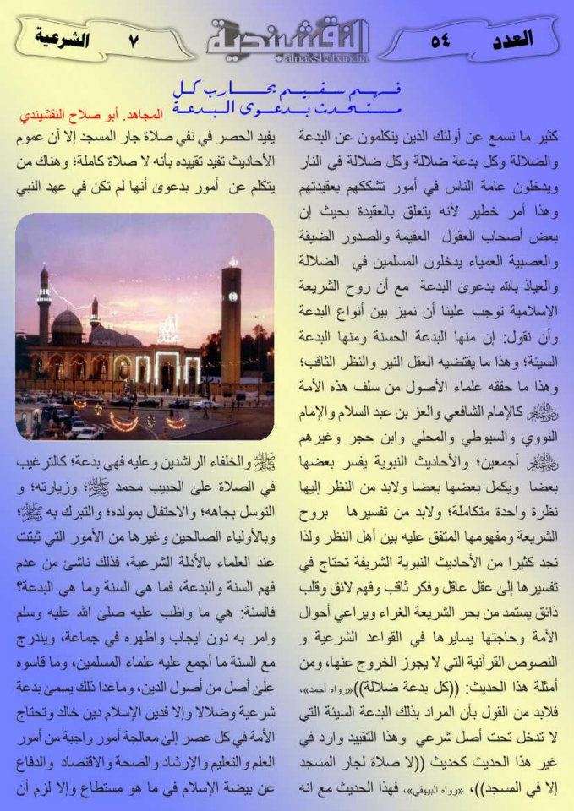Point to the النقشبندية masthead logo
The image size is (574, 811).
[x=288, y=37]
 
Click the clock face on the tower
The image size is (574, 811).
[x=232, y=297]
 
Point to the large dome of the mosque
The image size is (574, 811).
[x=67, y=326]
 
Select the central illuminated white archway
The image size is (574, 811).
[x=164, y=370]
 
